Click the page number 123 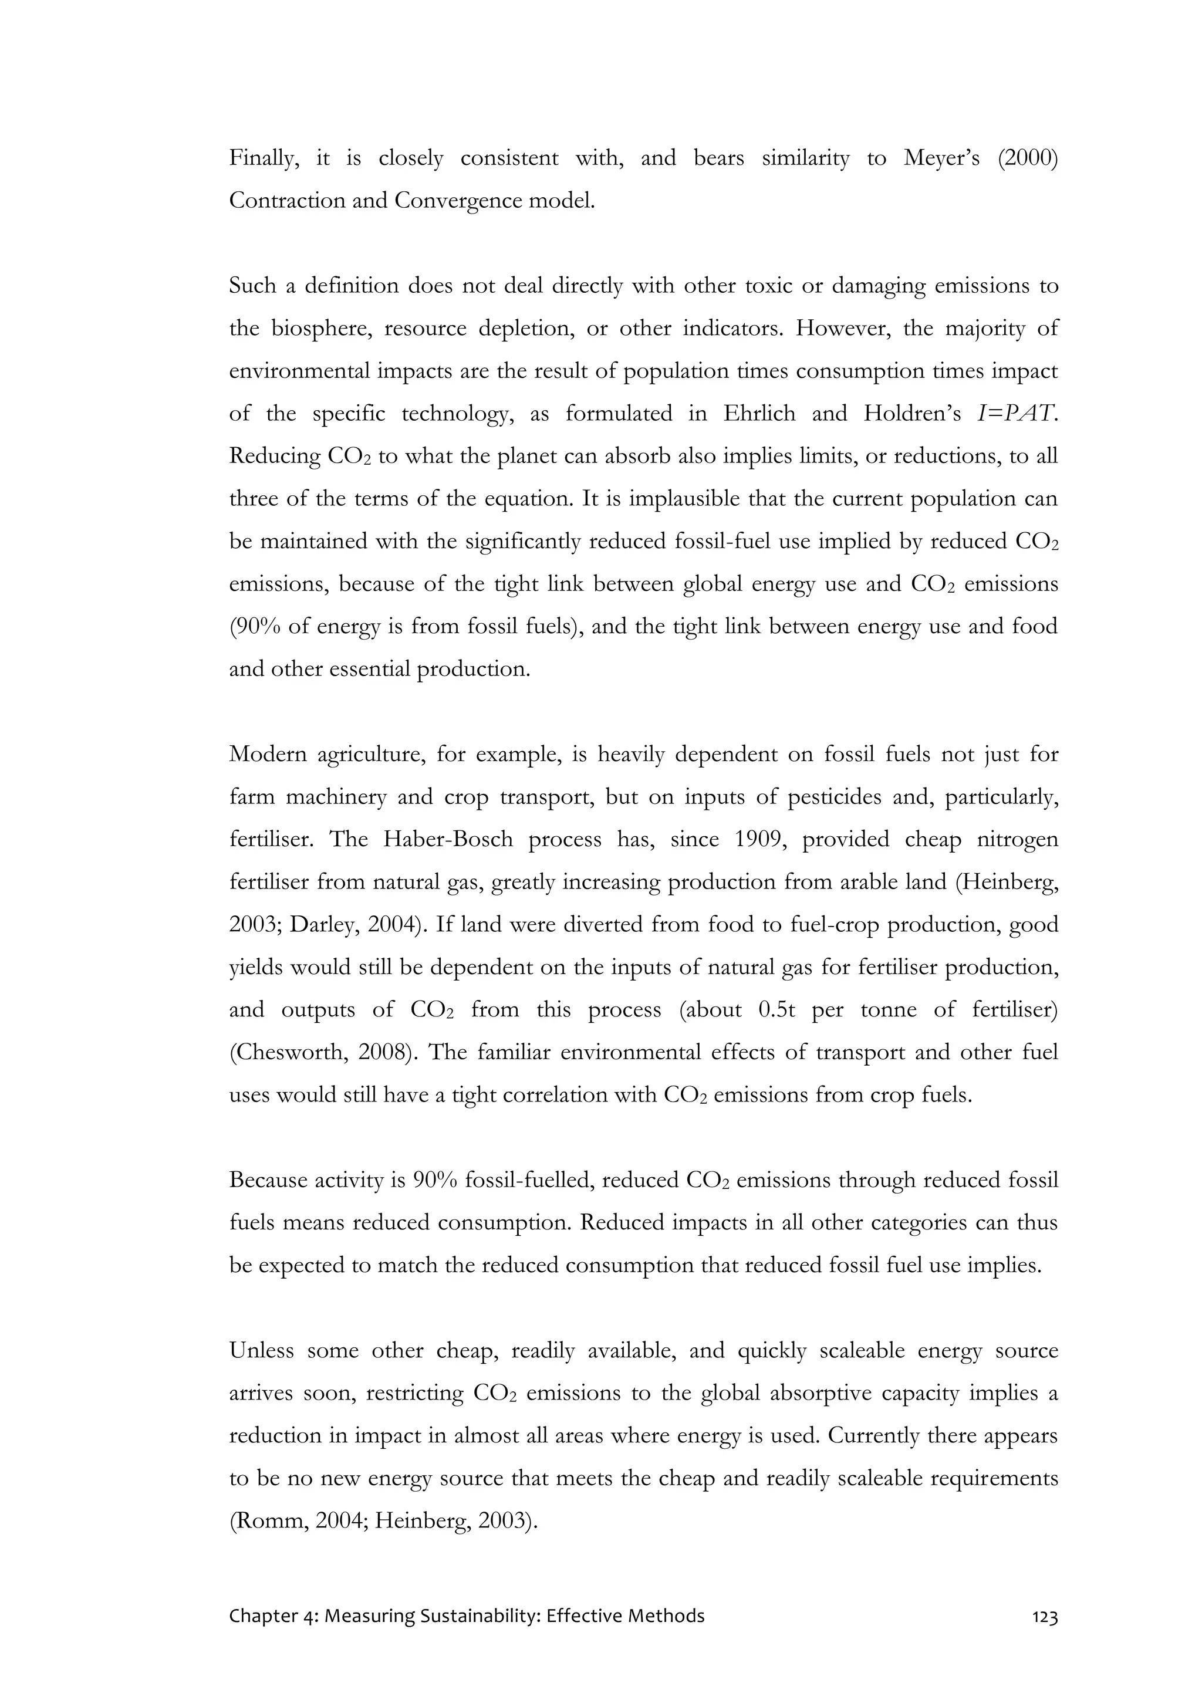(1044, 1637)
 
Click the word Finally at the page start (264, 158)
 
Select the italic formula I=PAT (1018, 413)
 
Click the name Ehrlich (759, 413)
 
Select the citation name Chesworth (292, 1052)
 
